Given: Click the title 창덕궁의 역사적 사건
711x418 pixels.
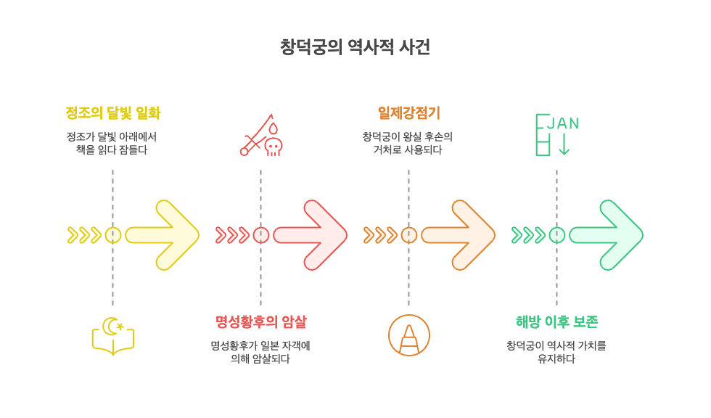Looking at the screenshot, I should coord(355,48).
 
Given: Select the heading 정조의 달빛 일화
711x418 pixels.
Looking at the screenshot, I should coord(112,113).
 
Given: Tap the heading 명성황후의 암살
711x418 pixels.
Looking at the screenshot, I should coord(260,321).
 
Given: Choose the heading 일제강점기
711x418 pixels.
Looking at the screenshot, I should coord(408,113).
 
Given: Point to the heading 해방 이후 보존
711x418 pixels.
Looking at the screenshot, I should coord(556,321).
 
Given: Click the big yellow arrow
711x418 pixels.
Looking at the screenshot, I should coord(164,235).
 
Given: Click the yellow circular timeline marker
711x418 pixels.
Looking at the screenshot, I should coord(112,235).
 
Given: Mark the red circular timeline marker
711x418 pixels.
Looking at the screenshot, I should coord(260,235).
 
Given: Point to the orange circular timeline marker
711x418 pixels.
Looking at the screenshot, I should coord(408,235).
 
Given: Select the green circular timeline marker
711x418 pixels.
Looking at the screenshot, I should coord(556,235).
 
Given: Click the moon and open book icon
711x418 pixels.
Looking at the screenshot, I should coord(112,336).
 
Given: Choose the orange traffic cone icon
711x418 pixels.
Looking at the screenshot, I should coord(409,335).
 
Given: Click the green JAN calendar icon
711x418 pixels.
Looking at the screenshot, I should coord(556,134).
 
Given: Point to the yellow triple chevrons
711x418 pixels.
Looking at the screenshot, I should coord(84,235).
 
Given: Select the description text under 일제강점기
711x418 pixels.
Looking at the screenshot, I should coord(408,143).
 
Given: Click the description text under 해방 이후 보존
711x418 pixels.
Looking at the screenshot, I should coord(556,352).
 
